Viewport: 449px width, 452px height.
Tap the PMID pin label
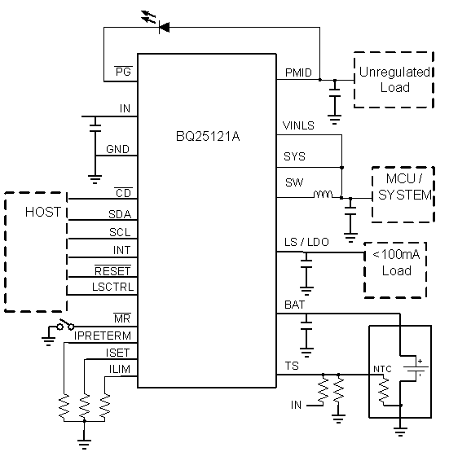(x=297, y=73)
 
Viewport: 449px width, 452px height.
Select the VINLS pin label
(x=298, y=126)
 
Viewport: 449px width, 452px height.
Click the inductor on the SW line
(x=323, y=195)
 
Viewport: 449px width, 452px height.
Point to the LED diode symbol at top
(x=162, y=27)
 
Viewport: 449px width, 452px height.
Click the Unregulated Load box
(x=394, y=80)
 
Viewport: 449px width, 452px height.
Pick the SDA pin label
(x=121, y=214)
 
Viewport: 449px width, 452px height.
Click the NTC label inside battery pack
(x=382, y=369)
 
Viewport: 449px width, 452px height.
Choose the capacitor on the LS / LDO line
(x=306, y=265)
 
